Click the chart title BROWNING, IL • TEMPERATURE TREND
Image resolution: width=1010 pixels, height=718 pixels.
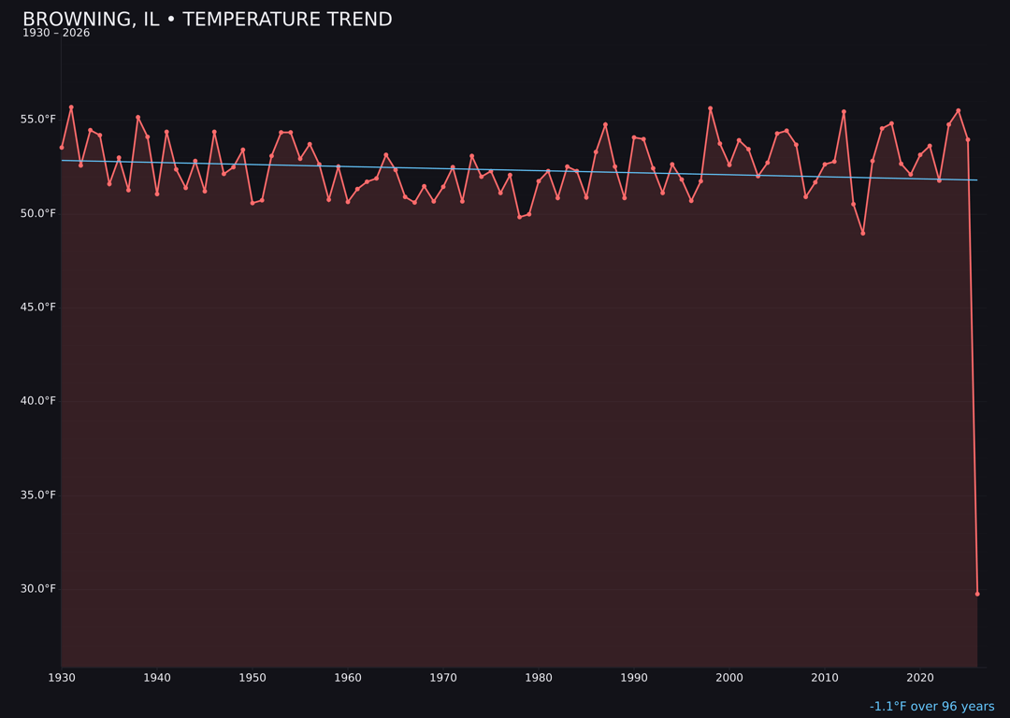click(x=207, y=20)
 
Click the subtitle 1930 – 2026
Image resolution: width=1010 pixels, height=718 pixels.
click(x=56, y=34)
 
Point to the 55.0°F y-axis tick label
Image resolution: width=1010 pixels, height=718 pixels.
click(x=38, y=120)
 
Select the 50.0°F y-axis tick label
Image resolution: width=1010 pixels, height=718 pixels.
click(x=38, y=213)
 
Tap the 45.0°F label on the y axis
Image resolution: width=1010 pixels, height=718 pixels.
click(x=38, y=308)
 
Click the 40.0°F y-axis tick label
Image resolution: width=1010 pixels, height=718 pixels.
click(x=38, y=401)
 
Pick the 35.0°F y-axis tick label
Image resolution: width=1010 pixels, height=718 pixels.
click(x=38, y=495)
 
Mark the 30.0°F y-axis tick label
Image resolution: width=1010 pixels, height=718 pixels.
click(x=38, y=589)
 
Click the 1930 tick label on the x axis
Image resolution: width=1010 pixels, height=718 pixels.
click(x=62, y=678)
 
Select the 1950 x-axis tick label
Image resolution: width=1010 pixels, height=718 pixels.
click(x=252, y=678)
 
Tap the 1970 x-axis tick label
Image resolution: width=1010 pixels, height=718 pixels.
click(x=443, y=678)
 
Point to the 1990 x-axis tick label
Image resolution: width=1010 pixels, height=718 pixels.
click(x=634, y=678)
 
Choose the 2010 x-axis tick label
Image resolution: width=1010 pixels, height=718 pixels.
click(x=825, y=678)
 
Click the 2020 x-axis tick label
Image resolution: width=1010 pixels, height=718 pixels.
click(x=920, y=678)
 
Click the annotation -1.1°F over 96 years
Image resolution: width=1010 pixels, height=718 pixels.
click(x=931, y=707)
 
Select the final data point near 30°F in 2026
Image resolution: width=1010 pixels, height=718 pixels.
click(x=977, y=594)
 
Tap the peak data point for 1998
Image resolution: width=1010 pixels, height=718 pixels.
click(x=710, y=108)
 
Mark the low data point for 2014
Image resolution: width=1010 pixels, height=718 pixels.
click(x=863, y=233)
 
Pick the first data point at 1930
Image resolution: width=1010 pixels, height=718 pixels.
click(x=62, y=147)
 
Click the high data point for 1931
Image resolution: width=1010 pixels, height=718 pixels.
click(x=71, y=108)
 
